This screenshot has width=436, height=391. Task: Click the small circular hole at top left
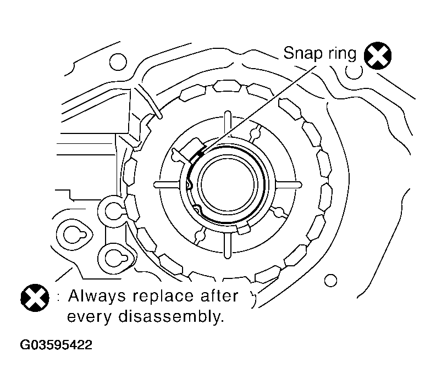click(117, 62)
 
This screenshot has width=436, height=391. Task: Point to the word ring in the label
click(342, 54)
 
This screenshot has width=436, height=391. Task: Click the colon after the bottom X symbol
click(59, 297)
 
